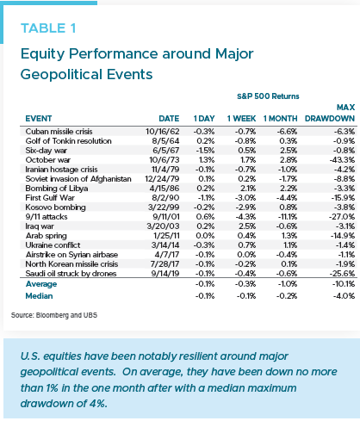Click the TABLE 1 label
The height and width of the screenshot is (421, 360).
click(48, 28)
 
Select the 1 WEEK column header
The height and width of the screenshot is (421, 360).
click(241, 119)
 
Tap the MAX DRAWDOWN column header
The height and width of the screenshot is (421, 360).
click(330, 113)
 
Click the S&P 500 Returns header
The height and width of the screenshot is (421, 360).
click(268, 96)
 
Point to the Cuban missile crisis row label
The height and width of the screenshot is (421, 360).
click(59, 132)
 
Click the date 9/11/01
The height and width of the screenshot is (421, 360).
click(166, 217)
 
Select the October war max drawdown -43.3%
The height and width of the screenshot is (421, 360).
click(342, 160)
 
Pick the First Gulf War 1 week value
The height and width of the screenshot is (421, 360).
click(245, 198)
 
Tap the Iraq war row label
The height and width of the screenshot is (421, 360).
click(40, 226)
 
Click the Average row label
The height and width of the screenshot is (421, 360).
click(41, 284)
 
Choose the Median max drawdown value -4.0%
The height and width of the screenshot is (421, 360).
click(344, 296)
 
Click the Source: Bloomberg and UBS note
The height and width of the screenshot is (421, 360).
click(54, 315)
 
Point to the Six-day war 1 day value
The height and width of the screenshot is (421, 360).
click(205, 151)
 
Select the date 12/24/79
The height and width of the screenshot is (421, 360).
click(162, 179)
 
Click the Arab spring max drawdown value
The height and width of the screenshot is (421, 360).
click(343, 236)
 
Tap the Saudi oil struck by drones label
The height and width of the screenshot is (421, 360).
click(71, 274)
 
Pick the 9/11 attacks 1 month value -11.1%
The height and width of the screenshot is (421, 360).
click(288, 217)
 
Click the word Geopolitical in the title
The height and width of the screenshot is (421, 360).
click(61, 75)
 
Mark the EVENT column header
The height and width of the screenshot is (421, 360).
click(39, 119)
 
